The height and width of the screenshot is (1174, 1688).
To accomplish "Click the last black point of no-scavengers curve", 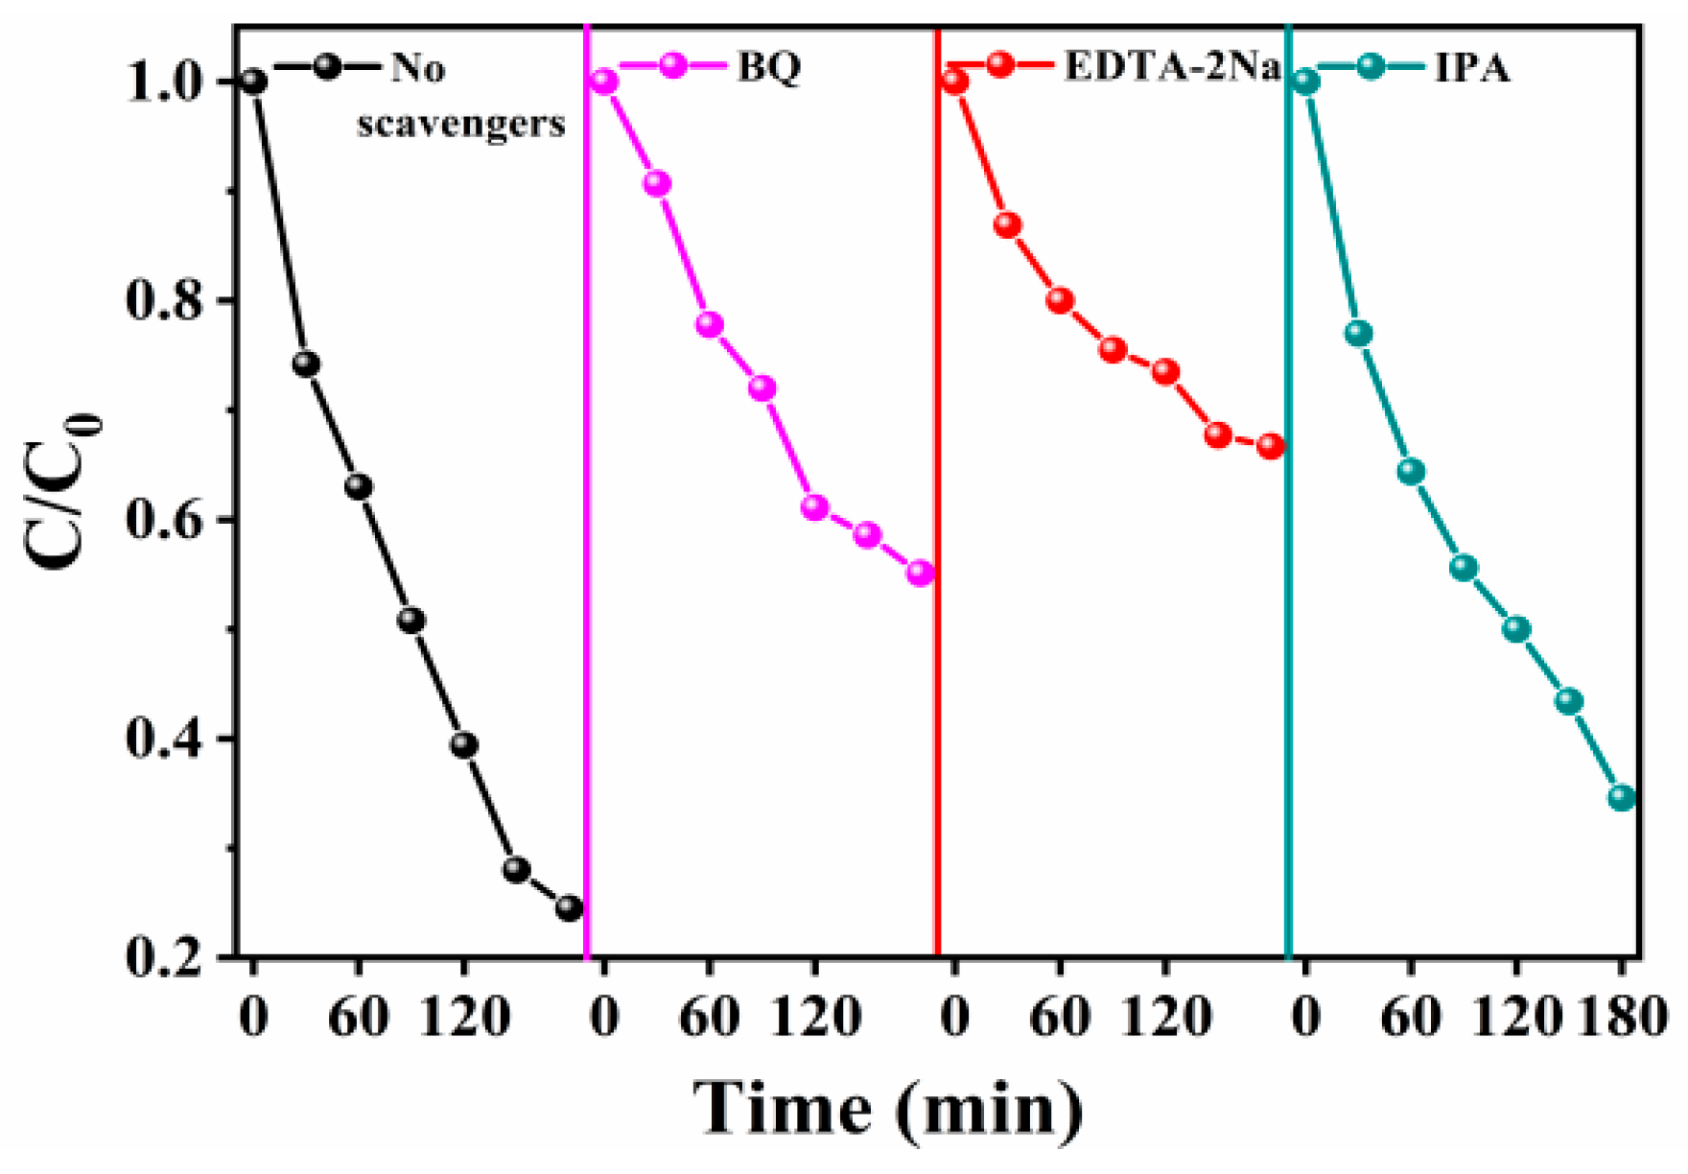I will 569,907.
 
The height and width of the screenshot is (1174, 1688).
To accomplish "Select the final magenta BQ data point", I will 920,573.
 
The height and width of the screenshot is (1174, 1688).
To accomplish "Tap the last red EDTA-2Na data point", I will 1270,446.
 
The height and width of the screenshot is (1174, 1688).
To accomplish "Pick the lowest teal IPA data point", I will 1621,797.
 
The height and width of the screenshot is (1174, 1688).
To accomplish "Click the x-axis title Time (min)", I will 888,1109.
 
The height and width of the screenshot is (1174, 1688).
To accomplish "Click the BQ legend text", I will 769,67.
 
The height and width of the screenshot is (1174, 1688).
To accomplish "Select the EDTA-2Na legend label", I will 1172,67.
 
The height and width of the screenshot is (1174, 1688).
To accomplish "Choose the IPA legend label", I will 1471,67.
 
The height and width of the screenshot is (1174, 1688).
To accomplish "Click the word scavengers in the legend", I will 461,123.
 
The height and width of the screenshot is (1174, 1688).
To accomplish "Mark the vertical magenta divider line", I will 586,575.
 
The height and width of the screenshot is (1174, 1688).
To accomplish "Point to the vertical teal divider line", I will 1288,575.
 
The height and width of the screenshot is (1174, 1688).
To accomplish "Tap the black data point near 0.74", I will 305,364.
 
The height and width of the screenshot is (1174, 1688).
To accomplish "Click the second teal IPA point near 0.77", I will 1358,333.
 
